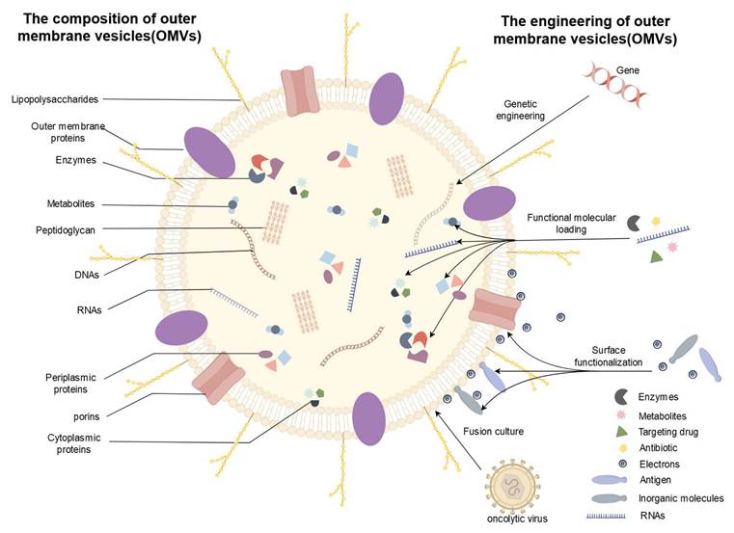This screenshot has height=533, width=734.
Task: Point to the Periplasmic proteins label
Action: (76, 383)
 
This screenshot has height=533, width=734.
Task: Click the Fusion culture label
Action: (493, 431)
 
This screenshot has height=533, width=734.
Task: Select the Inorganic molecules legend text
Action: (690, 498)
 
